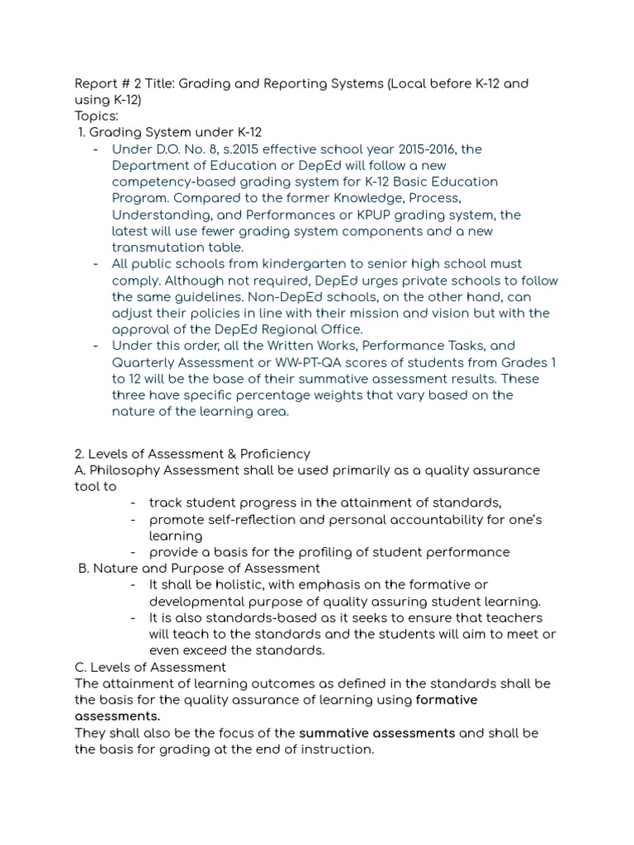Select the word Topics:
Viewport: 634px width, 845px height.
click(x=97, y=116)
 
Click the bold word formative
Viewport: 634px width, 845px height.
click(x=447, y=700)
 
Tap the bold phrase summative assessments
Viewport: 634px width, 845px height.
click(x=377, y=733)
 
